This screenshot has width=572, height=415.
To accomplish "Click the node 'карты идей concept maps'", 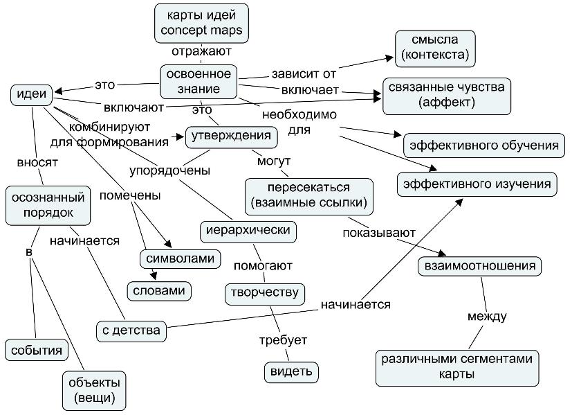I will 201,23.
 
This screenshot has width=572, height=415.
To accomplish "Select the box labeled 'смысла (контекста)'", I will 435,46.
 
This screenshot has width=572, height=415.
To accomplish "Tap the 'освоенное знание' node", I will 200,81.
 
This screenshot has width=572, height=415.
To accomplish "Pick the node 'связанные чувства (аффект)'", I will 448,96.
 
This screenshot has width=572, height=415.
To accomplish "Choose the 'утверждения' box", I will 232,136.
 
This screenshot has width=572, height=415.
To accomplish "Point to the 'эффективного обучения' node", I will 483,145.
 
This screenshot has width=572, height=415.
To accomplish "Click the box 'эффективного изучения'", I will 477,184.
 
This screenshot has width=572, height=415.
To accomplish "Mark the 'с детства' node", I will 131,330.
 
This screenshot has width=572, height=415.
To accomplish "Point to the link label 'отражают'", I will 201,51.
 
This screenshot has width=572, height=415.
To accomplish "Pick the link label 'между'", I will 487,317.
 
